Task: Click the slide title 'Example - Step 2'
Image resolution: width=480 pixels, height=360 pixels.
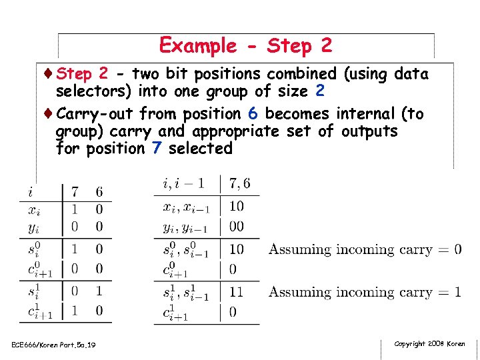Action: pyautogui.click(x=245, y=45)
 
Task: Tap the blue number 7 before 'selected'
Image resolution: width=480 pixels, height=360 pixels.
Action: pyautogui.click(x=155, y=148)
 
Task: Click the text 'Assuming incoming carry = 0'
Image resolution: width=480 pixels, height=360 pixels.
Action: pyautogui.click(x=365, y=250)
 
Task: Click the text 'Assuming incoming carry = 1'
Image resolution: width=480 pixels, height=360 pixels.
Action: pyautogui.click(x=365, y=292)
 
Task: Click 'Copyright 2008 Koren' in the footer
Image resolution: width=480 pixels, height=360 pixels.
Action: pyautogui.click(x=429, y=344)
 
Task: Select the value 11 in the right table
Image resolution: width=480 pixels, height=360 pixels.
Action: pyautogui.click(x=237, y=292)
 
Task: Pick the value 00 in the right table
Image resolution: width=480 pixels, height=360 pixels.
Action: pyautogui.click(x=237, y=227)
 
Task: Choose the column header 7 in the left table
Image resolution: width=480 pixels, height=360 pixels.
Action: pyautogui.click(x=75, y=192)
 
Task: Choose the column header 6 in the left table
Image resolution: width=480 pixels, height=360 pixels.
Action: pyautogui.click(x=99, y=192)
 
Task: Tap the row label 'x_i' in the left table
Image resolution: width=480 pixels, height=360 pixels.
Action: pyautogui.click(x=33, y=209)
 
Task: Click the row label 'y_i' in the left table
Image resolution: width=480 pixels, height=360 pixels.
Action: pyautogui.click(x=33, y=227)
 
